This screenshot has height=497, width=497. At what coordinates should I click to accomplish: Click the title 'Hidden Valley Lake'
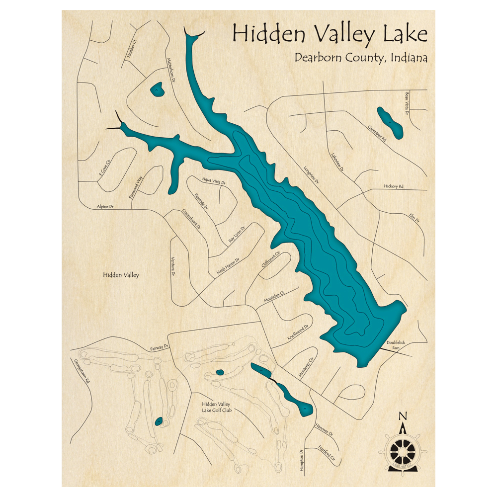pos(330,35)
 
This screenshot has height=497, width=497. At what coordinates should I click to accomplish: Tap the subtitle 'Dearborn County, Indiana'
pos(361,58)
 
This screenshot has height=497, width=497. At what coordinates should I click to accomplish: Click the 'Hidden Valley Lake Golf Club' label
pos(217,408)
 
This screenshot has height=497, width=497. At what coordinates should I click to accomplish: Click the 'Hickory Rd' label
pos(394,186)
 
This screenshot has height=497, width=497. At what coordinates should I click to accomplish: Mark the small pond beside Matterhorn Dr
pos(157,89)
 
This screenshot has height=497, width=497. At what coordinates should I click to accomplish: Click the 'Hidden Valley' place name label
pos(121,275)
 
